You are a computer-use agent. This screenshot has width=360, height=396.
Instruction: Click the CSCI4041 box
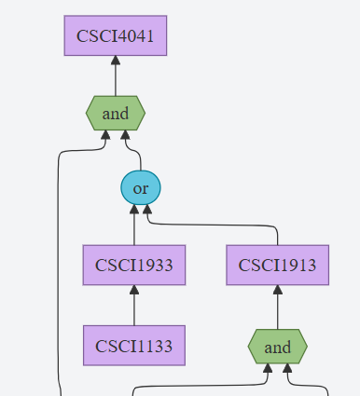(x=116, y=35)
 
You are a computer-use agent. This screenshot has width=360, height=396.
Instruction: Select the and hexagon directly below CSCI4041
(x=116, y=114)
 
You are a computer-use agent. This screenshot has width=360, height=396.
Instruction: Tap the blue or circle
(x=141, y=188)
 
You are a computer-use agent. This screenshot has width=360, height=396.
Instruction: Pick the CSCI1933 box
(x=133, y=265)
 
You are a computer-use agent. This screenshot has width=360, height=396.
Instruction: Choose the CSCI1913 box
(x=277, y=265)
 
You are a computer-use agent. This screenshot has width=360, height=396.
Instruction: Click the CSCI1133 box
(x=133, y=346)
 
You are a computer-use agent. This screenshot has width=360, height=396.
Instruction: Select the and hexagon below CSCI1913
(x=277, y=347)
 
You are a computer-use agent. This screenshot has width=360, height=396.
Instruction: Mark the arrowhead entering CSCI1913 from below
(x=277, y=291)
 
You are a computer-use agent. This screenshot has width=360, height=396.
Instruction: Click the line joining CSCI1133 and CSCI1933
(x=133, y=306)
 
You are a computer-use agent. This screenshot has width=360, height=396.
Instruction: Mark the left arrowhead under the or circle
(x=133, y=212)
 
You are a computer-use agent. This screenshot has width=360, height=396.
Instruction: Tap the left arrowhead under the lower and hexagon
(x=268, y=370)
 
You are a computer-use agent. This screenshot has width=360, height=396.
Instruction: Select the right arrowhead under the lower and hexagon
(x=286, y=370)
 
